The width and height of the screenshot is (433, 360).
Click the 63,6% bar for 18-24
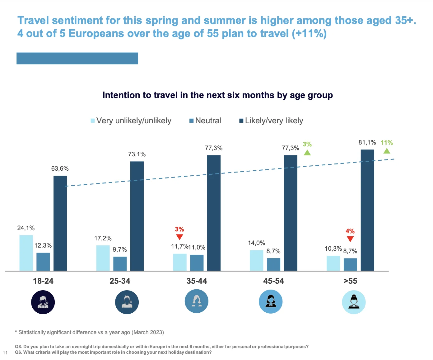click(60, 223)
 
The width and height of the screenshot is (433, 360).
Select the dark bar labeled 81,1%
click(367, 210)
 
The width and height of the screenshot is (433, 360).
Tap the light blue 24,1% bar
click(26, 253)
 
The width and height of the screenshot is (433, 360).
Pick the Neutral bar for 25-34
click(120, 263)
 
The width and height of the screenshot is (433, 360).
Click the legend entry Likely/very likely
click(271, 121)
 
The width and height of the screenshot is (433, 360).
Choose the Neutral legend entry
click(205, 121)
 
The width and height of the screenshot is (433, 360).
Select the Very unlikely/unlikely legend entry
click(131, 121)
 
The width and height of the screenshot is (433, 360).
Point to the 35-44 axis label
click(197, 281)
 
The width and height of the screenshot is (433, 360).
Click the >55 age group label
click(350, 281)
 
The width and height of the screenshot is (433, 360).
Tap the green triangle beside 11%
click(387, 151)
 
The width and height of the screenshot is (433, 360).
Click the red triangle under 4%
click(350, 239)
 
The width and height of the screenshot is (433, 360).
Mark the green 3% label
click(307, 144)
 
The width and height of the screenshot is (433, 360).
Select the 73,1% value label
click(137, 154)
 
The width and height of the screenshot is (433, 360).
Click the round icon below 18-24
click(43, 302)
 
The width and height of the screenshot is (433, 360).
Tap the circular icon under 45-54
click(271, 301)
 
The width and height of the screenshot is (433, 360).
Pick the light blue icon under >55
click(354, 302)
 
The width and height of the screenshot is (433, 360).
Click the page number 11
click(5, 353)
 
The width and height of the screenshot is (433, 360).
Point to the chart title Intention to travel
click(217, 95)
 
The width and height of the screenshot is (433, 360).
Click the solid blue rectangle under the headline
click(77, 59)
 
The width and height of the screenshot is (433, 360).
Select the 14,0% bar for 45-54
click(257, 260)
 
